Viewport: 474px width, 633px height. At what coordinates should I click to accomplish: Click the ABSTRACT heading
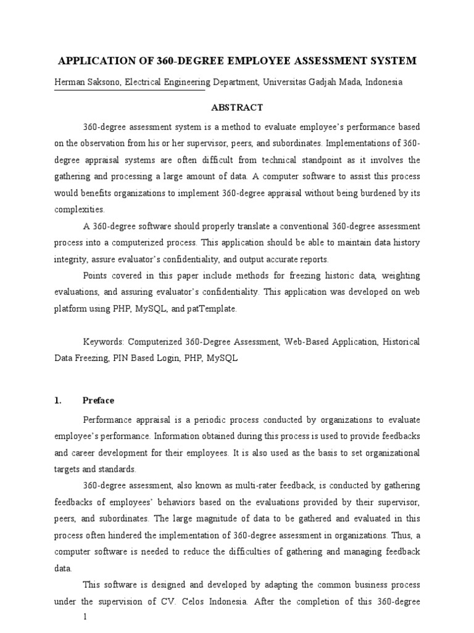tap(237, 108)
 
